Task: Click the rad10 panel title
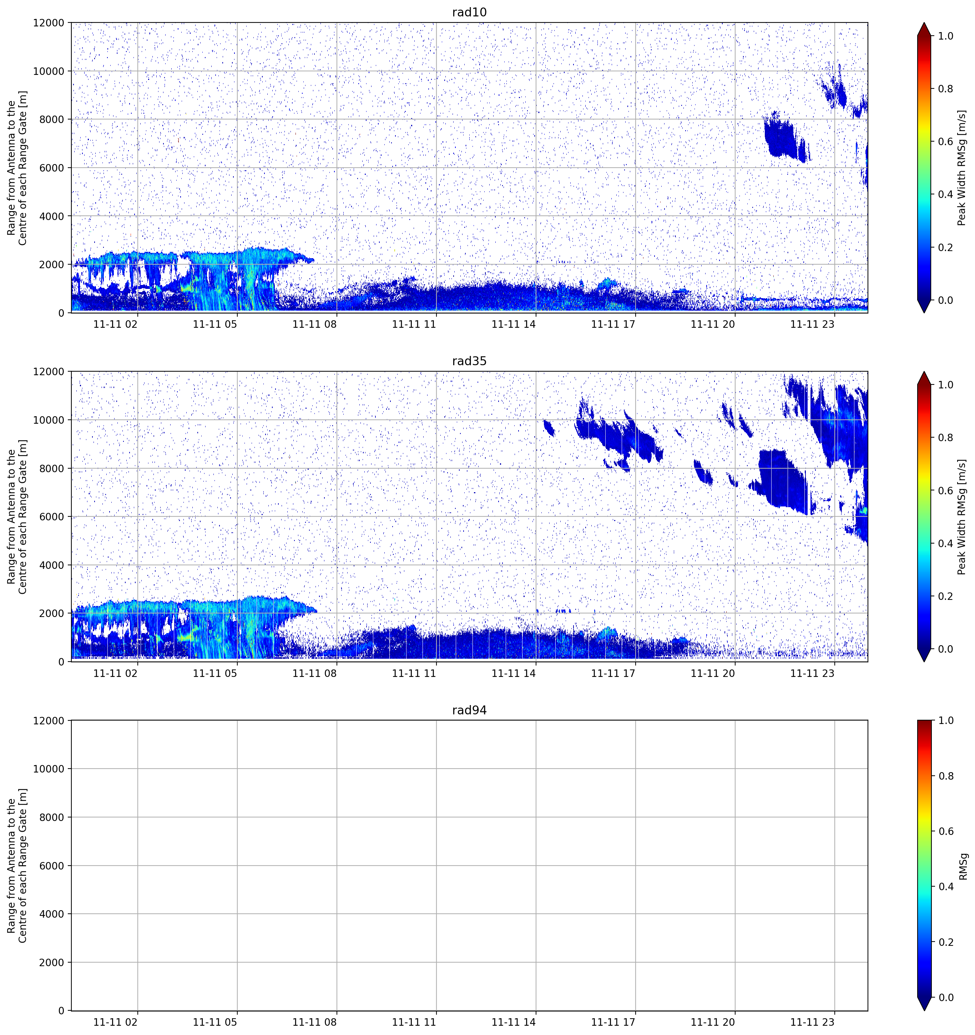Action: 469,12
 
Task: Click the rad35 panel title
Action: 469,361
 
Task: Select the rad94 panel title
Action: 469,710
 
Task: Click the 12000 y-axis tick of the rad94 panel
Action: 49,720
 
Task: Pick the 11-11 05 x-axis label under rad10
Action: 215,324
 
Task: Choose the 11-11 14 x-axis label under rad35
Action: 514,673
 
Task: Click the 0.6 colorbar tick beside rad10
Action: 945,142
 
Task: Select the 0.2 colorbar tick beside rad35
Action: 945,596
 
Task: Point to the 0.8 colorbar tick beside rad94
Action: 945,776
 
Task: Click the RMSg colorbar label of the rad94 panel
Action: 963,866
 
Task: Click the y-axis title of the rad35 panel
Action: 17,516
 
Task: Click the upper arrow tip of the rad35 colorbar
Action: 924,372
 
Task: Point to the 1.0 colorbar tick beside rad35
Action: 945,385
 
